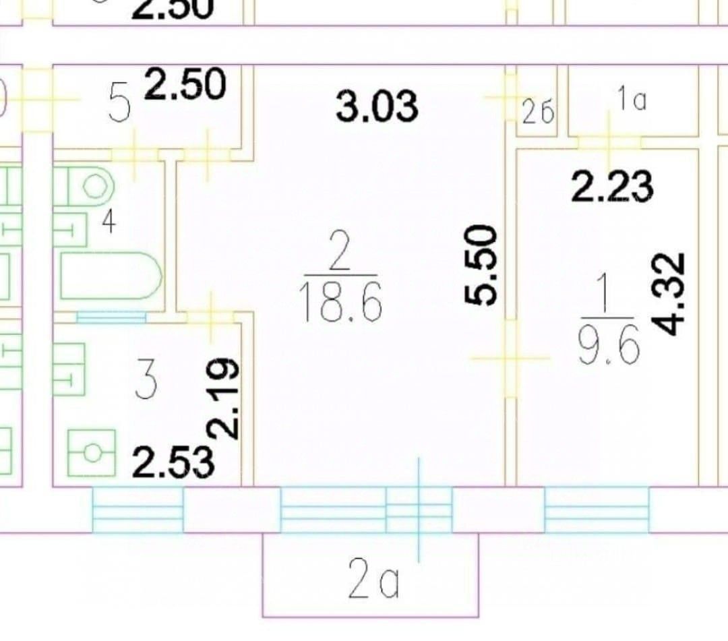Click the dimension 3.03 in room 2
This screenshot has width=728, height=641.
pos(377,107)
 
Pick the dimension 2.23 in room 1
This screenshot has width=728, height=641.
pos(612,187)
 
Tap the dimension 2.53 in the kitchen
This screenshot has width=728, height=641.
pos(174,463)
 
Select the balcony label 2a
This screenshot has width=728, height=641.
pos(373,584)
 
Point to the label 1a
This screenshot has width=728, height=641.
pos(631,100)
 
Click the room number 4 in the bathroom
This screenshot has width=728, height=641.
pos(108,223)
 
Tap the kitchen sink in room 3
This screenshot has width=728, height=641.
pos(92,452)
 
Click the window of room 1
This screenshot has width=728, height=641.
pos(596,509)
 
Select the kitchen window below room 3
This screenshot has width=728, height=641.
pos(138,509)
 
